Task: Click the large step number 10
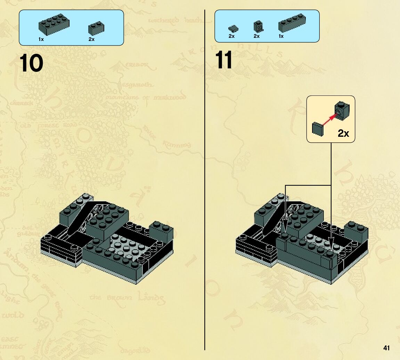32,63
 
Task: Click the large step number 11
224,60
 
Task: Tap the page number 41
386,348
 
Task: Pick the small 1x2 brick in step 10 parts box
97,28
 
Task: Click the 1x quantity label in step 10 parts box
41,40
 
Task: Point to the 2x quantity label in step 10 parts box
91,40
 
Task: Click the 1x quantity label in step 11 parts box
281,36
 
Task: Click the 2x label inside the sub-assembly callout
343,133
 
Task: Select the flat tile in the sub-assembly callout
318,128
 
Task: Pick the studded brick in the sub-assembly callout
342,110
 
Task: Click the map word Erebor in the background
137,65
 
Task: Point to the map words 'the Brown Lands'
127,298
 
